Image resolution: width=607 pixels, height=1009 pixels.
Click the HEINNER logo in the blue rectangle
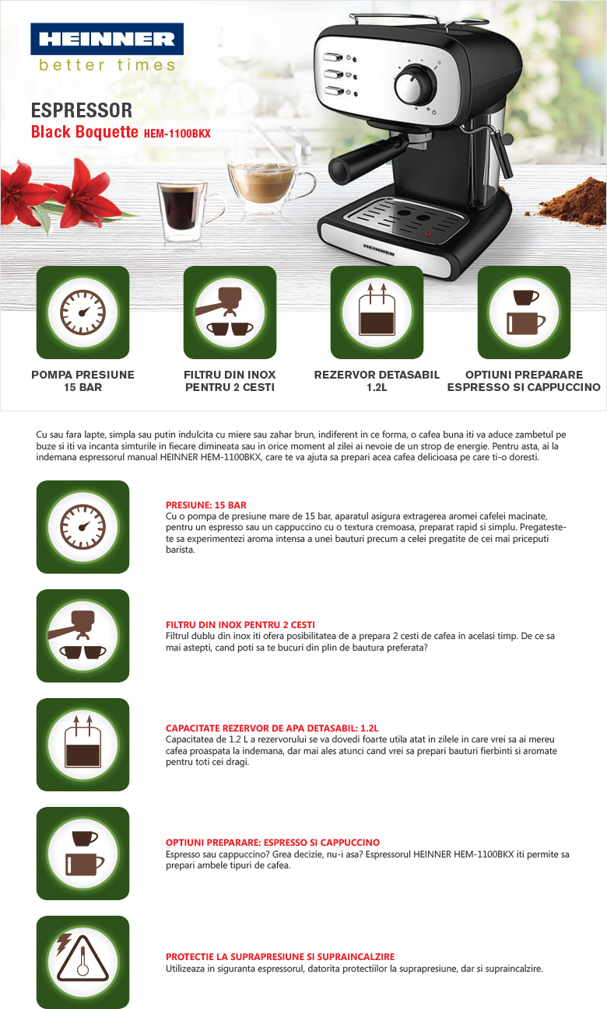[x=107, y=39]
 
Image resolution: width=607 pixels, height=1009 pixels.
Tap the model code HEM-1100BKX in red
[x=177, y=134]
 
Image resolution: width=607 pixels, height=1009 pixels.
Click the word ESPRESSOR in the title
[x=82, y=110]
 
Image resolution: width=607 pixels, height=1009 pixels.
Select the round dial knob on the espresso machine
[x=416, y=84]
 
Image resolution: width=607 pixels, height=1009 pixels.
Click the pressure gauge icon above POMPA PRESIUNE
[x=83, y=312]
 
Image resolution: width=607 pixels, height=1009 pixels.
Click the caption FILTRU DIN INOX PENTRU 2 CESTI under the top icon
[x=230, y=381]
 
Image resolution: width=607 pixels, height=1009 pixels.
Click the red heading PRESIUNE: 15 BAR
[x=206, y=505]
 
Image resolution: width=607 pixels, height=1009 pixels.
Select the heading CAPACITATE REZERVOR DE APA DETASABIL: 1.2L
[x=272, y=728]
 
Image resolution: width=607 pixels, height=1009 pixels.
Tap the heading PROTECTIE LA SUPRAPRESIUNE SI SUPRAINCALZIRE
[x=280, y=956]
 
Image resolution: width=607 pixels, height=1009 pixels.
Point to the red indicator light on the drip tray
[x=427, y=234]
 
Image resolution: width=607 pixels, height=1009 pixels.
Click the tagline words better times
[x=107, y=65]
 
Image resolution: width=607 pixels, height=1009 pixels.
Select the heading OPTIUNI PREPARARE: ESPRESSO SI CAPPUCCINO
[x=273, y=843]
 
